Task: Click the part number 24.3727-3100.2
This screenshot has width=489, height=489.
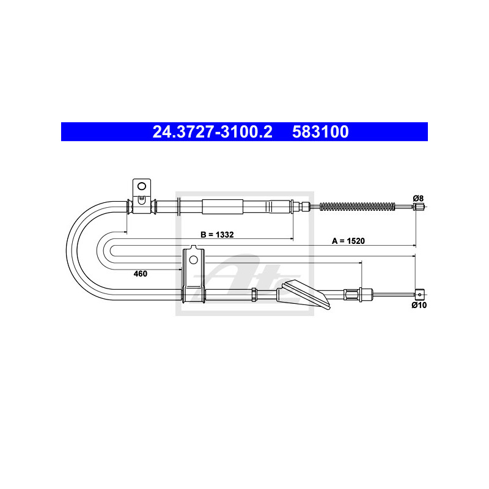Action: pos(212,132)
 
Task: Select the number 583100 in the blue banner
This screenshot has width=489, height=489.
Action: pos(320,132)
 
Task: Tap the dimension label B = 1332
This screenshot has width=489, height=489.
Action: pos(217,235)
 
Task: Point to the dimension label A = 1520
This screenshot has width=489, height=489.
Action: pos(348,241)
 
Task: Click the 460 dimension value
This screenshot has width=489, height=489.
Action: pos(141,273)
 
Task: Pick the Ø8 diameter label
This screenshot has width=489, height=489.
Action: pos(418,198)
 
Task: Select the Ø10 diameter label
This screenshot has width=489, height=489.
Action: pos(419,305)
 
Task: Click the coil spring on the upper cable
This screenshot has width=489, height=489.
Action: pos(358,206)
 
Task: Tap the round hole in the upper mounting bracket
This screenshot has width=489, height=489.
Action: pos(142,186)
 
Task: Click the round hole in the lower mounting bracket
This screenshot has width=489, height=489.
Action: pos(193,259)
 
